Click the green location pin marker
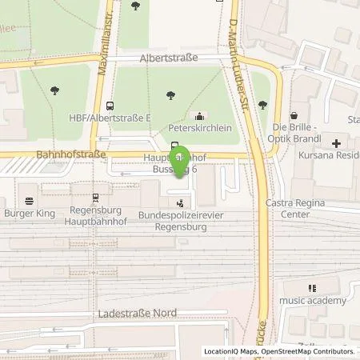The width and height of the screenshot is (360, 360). coord(180,158)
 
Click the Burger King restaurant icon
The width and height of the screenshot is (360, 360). coord(30,200)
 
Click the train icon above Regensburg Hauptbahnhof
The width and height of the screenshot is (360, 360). coord(95,196)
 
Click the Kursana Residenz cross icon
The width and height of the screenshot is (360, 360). coord(336,144)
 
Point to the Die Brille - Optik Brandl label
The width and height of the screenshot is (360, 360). coord(296,134)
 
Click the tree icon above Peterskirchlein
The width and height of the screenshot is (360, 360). coord(170,95)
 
